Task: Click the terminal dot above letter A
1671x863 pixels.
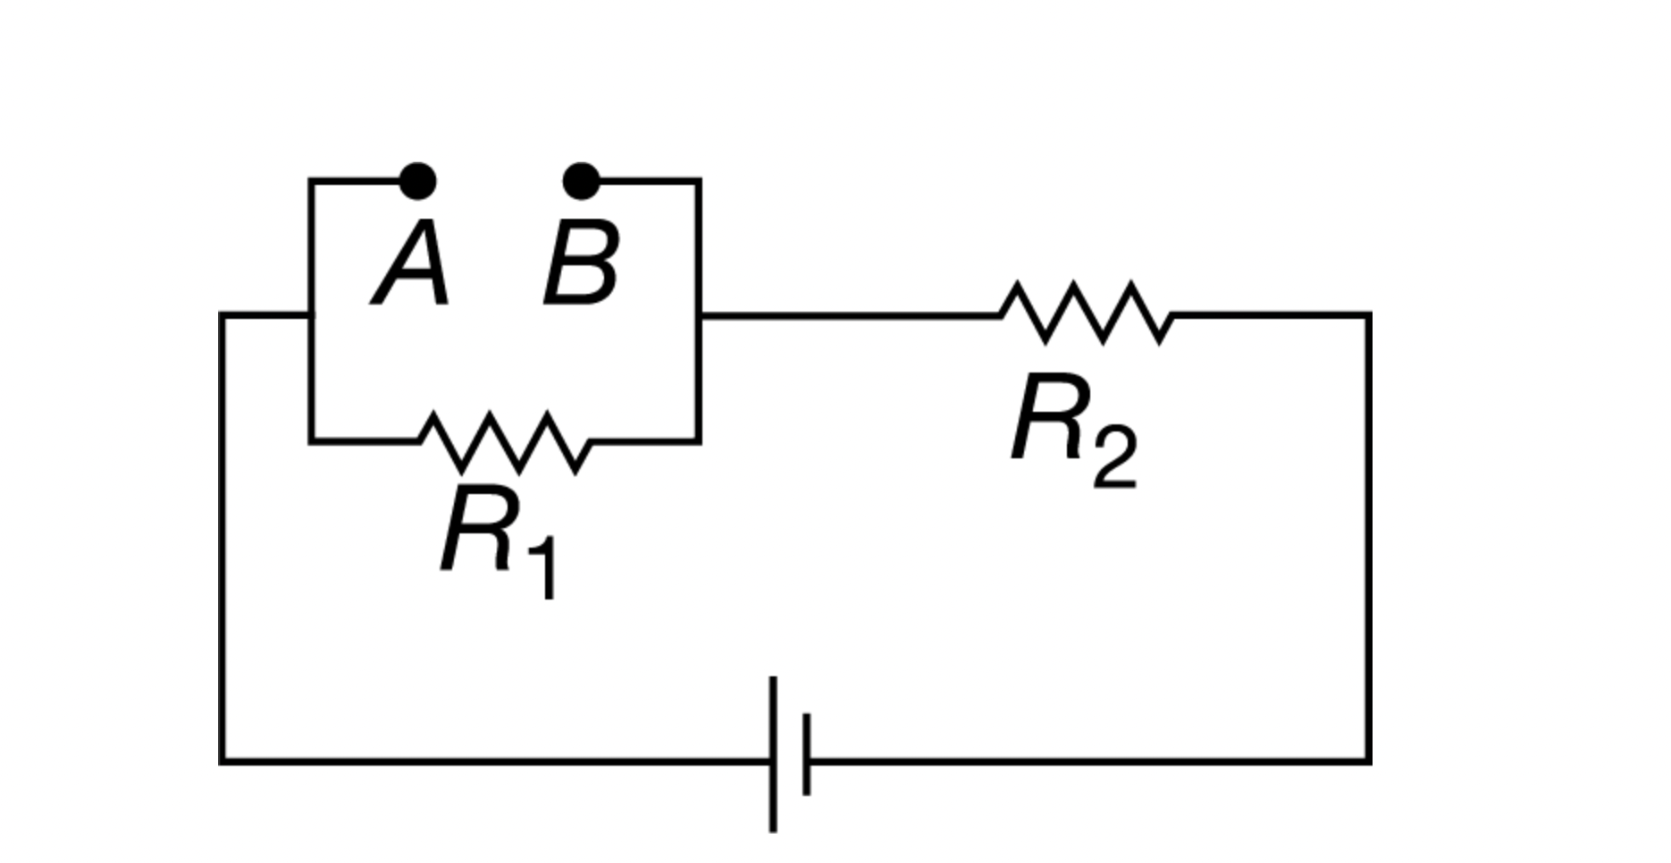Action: (417, 181)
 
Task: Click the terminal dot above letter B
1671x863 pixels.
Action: (581, 181)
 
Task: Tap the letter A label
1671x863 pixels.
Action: (412, 264)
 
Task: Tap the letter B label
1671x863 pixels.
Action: (581, 264)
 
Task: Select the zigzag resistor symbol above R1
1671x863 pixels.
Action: (505, 441)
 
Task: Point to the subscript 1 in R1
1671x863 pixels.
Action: (542, 568)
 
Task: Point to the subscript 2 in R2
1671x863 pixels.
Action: (1115, 457)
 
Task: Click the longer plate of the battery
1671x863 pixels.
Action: (773, 755)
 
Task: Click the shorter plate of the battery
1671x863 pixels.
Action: (807, 755)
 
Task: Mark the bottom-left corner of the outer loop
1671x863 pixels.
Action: (223, 761)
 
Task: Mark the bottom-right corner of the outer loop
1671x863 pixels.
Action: (1368, 761)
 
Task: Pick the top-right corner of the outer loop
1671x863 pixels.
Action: (1368, 314)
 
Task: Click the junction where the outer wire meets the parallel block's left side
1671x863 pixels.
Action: (310, 314)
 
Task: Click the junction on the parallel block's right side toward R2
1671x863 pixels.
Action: (700, 314)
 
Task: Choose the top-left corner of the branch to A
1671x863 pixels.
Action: (310, 181)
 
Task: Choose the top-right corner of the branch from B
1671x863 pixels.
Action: (700, 181)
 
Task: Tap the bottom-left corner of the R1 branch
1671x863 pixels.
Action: (310, 441)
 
